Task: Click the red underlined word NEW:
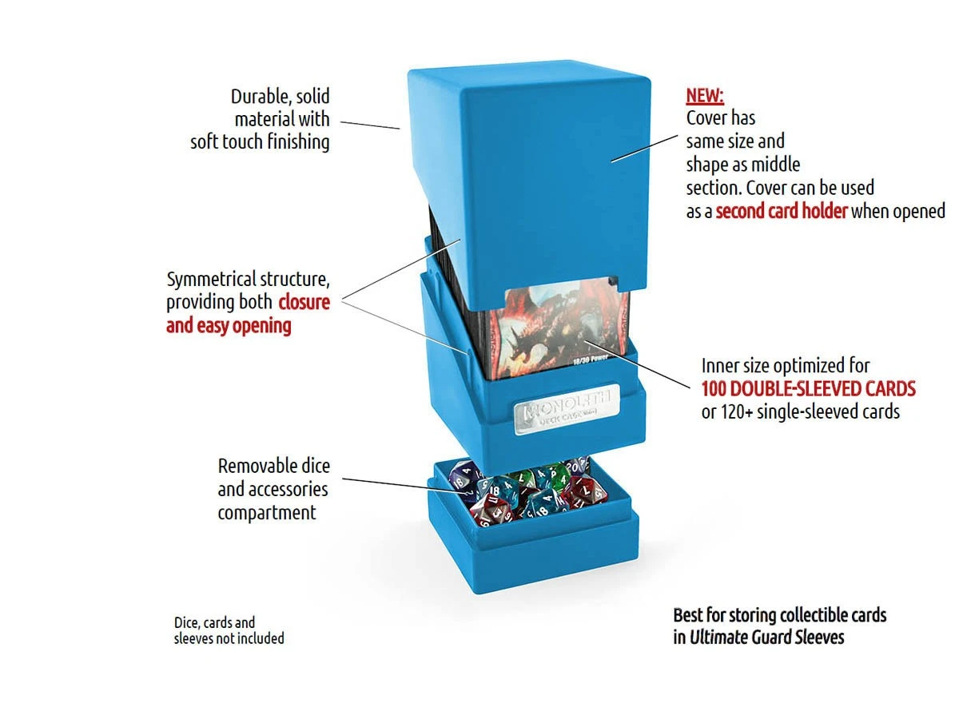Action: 705,97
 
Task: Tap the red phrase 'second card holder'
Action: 782,212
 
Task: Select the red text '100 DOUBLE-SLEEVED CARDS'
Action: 808,389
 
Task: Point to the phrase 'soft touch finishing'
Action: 260,142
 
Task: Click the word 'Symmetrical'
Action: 211,280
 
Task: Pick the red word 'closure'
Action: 304,303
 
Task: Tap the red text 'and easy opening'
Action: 229,326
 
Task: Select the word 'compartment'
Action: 267,512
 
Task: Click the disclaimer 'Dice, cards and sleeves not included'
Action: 229,630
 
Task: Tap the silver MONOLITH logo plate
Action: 568,405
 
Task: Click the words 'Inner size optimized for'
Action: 786,366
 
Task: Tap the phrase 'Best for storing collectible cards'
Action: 779,615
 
